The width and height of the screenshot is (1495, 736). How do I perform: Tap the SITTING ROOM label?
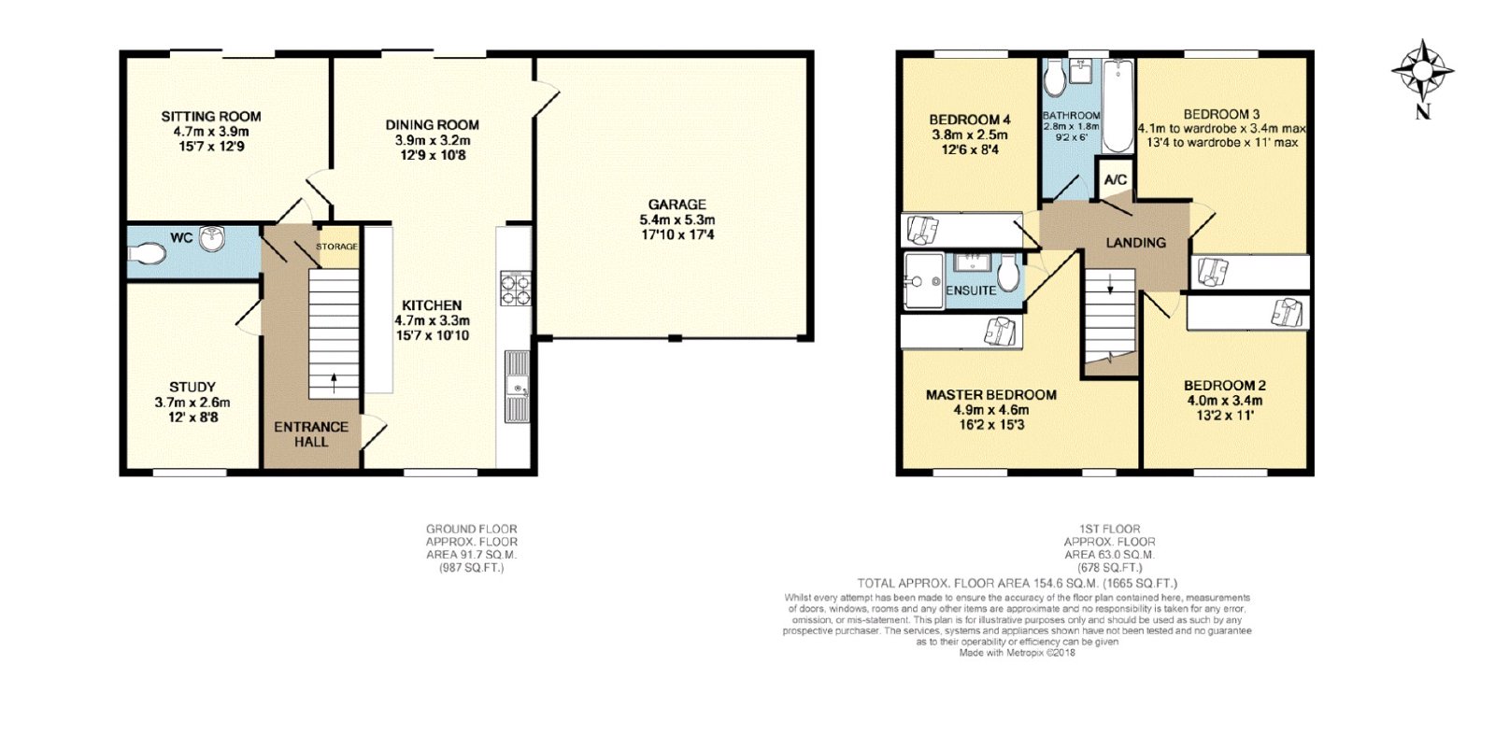tap(211, 116)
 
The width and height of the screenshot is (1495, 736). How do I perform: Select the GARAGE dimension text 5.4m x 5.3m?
tap(676, 219)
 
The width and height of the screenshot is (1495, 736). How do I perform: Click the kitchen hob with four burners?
tap(516, 289)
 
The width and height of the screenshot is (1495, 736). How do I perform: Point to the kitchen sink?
tap(517, 386)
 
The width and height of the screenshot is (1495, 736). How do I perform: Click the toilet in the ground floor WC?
tap(146, 254)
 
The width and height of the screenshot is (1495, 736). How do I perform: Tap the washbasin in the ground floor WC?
tap(214, 239)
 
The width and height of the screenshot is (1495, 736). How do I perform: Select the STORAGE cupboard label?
tap(337, 247)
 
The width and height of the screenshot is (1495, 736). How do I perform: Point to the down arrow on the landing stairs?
tap(1110, 283)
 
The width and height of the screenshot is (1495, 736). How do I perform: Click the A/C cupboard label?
tap(1116, 180)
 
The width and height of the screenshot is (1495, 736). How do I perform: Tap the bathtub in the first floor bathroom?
tap(1118, 106)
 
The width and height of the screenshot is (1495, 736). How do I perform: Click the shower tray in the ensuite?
tap(924, 281)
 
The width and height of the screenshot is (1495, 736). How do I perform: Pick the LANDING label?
tap(1136, 243)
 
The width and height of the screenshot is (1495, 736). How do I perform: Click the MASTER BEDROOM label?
tap(990, 395)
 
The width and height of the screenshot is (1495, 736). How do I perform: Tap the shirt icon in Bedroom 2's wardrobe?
tap(1287, 313)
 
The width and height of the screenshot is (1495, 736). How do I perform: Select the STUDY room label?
tap(192, 387)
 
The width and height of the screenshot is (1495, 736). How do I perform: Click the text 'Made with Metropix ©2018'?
tap(1018, 653)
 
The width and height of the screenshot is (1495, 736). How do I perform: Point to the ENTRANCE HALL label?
tap(311, 433)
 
